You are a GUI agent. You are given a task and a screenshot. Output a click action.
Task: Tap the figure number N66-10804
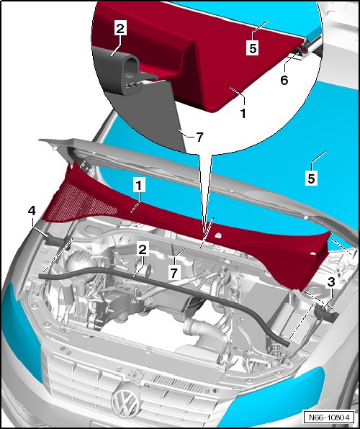tap(329, 417)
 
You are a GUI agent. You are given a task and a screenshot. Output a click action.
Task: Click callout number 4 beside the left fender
tap(32, 211)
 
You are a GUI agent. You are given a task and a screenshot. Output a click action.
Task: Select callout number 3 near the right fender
tap(331, 282)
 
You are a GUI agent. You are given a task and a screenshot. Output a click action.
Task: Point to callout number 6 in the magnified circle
tap(284, 80)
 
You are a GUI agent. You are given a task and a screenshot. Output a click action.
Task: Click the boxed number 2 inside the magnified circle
tap(120, 28)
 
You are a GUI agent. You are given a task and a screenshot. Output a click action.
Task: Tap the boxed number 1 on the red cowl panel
tap(139, 186)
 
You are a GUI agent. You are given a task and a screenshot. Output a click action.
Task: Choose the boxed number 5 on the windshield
tap(311, 179)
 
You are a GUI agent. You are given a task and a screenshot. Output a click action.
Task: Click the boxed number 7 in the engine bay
tap(174, 273)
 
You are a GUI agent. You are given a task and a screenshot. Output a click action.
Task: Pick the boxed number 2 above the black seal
tap(143, 250)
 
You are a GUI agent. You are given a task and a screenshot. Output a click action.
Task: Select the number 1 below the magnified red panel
tap(243, 113)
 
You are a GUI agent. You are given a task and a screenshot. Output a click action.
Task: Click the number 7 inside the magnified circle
tap(199, 137)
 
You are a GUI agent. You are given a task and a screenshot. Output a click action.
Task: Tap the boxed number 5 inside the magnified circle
tap(253, 48)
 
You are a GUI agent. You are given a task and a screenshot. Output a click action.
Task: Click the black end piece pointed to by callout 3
tap(326, 314)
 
